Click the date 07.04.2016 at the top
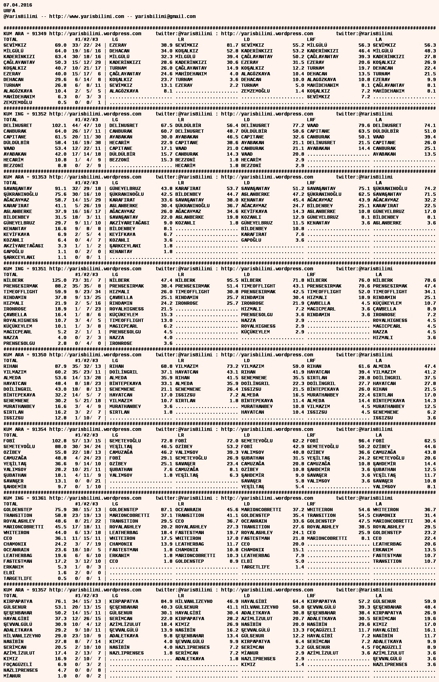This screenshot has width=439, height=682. [x=18, y=5]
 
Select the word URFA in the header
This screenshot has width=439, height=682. [x=9, y=11]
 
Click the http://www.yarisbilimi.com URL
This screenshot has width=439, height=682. [x=86, y=16]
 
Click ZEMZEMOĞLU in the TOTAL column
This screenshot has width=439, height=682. [x=18, y=102]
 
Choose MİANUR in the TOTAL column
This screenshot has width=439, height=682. [x=12, y=676]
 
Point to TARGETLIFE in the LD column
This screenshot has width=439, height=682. [x=255, y=567]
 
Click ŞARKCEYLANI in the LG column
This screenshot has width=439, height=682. [x=125, y=246]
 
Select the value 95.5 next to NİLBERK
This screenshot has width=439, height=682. [x=232, y=280]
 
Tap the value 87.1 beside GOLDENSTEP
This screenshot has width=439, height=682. [x=167, y=510]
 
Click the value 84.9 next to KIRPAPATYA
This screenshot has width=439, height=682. [x=167, y=601]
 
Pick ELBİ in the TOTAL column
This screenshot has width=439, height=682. [x=9, y=573]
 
